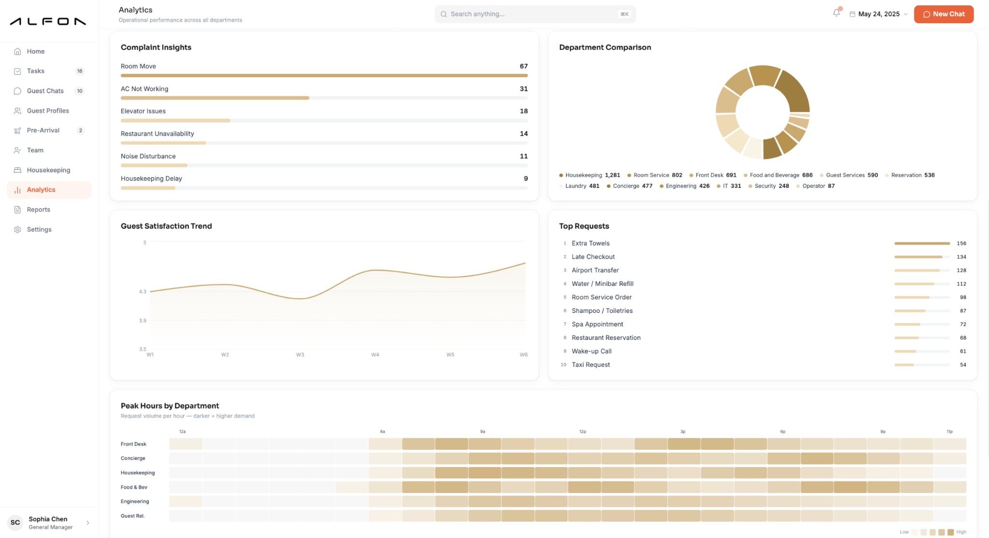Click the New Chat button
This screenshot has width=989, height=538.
point(944,14)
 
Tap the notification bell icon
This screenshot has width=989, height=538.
point(836,13)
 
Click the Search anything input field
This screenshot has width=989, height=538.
point(535,14)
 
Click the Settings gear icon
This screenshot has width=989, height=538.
point(17,229)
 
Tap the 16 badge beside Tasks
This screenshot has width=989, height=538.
point(80,71)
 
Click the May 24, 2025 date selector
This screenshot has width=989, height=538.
point(878,14)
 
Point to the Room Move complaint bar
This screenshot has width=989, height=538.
point(324,75)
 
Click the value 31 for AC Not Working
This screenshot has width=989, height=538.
point(523,89)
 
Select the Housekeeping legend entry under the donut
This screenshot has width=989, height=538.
point(589,175)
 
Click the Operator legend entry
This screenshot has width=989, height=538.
point(815,186)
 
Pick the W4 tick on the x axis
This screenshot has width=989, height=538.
point(375,354)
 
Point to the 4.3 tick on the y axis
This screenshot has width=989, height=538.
point(142,292)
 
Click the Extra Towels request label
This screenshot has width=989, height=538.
point(591,243)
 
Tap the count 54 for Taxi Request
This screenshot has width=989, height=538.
point(963,365)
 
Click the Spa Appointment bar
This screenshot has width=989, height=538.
point(907,324)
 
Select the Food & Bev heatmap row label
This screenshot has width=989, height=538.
point(134,487)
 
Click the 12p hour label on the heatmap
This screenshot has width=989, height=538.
point(582,431)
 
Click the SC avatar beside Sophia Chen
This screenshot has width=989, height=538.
point(15,523)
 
